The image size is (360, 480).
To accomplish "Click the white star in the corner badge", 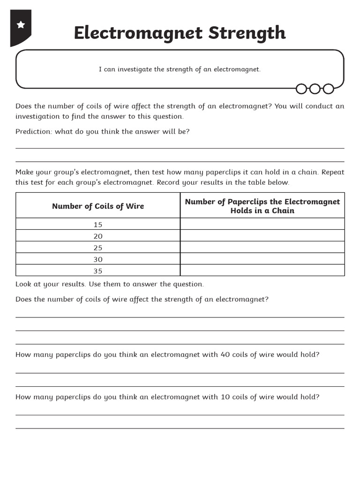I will tap(21, 25).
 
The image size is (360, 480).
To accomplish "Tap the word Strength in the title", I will tap(247, 33).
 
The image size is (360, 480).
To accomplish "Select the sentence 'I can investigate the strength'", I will tap(180, 69).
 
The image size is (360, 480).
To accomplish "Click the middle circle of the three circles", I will tap(315, 89).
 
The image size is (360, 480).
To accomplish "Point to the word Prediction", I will tap(34, 132).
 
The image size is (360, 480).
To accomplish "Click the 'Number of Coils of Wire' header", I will tap(98, 206).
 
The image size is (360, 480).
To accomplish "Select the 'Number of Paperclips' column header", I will tap(262, 206).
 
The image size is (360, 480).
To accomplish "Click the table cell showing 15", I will tap(98, 225).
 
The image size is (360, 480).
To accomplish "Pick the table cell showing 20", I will tap(98, 236).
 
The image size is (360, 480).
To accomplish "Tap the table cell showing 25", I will tap(98, 248).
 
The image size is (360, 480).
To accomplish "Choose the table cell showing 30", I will tap(98, 259).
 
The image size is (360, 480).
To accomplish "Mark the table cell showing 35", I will tap(98, 271).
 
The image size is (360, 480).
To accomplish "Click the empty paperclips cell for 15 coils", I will tap(262, 224).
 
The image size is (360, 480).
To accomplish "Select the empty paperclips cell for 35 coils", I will tap(262, 270).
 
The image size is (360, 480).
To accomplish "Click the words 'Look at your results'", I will tap(52, 284).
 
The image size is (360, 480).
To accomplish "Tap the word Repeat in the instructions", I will tap(332, 172).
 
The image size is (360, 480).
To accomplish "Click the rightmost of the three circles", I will tap(329, 89).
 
